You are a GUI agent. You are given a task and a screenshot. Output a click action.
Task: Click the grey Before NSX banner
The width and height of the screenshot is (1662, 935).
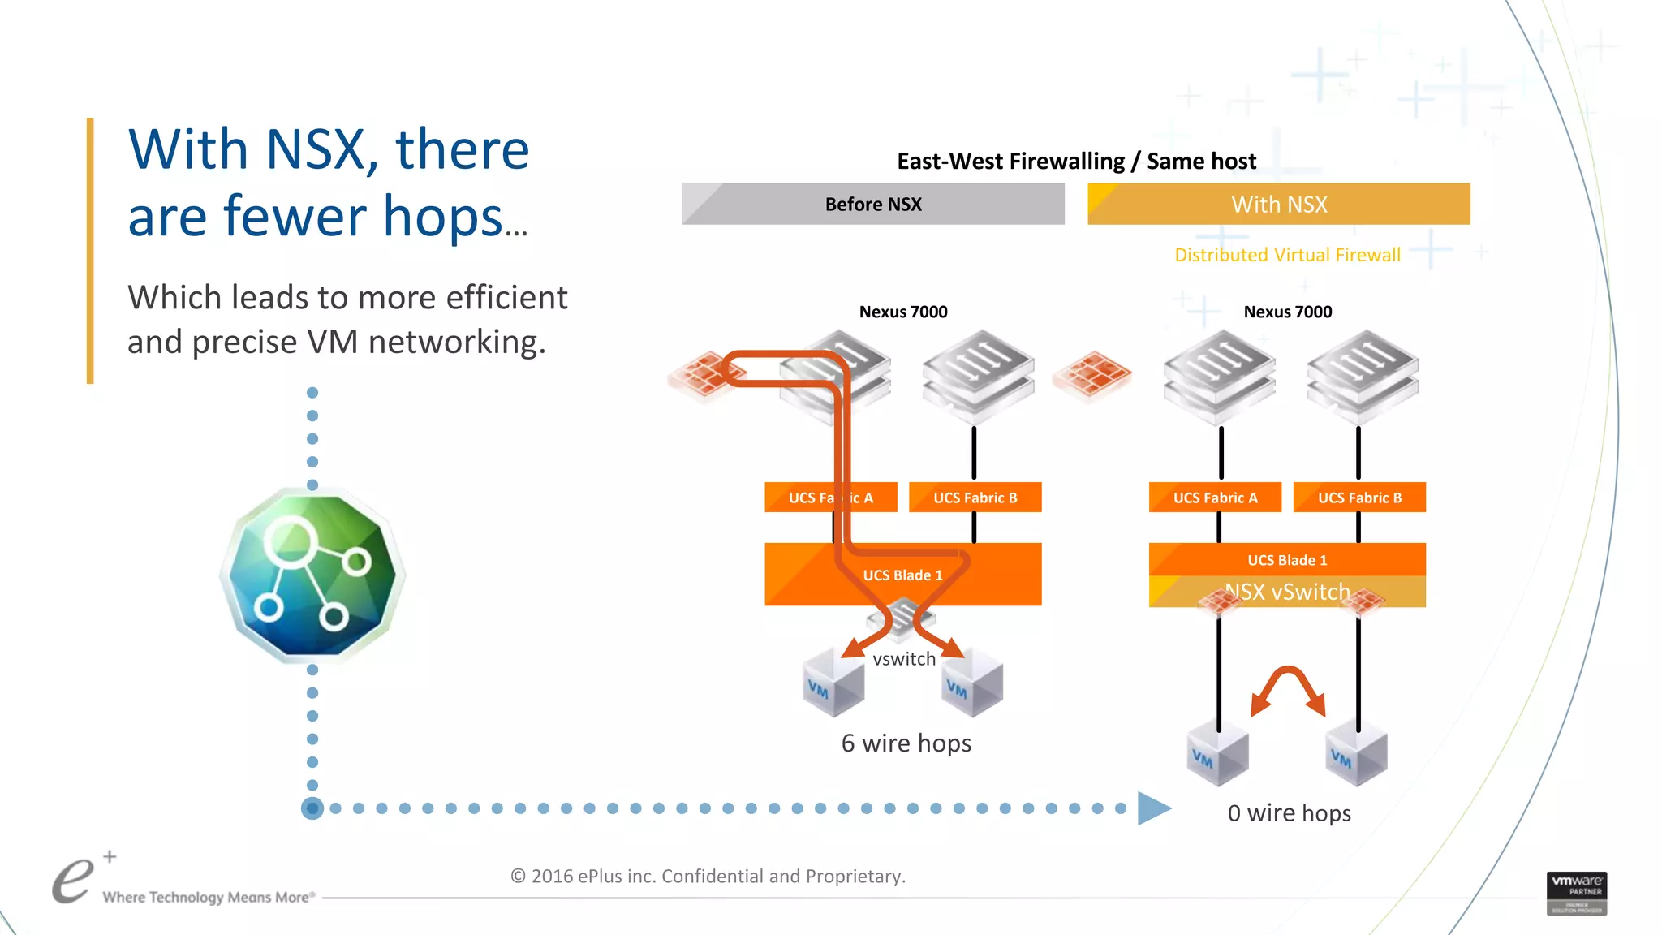tap(873, 204)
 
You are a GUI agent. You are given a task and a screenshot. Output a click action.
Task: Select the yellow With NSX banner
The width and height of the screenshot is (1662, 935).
tap(1279, 204)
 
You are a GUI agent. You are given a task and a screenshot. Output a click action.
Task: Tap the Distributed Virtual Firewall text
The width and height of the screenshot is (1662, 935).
tap(1287, 255)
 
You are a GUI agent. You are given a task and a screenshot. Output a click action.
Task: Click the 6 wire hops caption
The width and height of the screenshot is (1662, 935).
tap(906, 743)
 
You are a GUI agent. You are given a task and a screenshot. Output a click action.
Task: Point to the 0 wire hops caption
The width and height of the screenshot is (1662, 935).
tap(1289, 812)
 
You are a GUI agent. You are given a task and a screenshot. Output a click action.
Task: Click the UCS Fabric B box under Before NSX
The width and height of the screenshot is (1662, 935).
tap(975, 498)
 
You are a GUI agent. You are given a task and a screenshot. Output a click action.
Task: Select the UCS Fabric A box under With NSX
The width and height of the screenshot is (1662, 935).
tap(1215, 498)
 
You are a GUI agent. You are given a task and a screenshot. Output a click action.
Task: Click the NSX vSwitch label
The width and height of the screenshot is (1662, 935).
tap(1287, 592)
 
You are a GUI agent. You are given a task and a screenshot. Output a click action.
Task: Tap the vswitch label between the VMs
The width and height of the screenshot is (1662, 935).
tap(904, 659)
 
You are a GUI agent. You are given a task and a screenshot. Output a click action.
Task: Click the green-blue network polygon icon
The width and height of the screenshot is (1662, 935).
tap(312, 575)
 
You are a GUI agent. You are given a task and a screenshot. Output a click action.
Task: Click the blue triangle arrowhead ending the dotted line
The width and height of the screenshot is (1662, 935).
tap(1153, 808)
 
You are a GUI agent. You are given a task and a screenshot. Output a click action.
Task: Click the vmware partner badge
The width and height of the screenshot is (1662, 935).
tap(1576, 893)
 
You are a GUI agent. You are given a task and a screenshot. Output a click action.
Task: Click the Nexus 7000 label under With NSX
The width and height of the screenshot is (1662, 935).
tap(1287, 312)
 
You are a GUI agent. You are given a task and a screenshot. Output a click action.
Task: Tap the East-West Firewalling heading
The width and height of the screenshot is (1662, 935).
tap(1076, 161)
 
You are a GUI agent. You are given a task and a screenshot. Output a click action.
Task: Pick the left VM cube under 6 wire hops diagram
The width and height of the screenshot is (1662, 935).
tap(833, 682)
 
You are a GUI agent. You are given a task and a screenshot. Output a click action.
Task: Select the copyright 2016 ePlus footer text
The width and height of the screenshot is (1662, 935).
tap(708, 876)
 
